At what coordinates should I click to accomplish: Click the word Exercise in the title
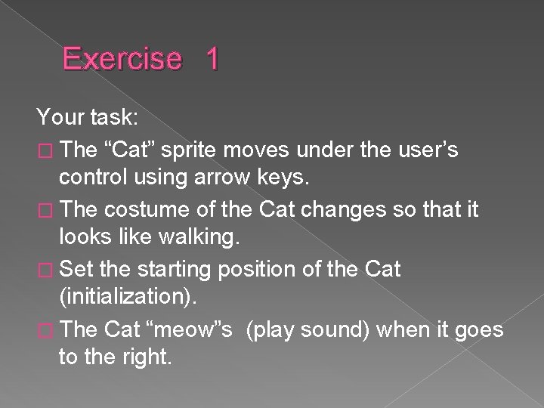click(122, 59)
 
